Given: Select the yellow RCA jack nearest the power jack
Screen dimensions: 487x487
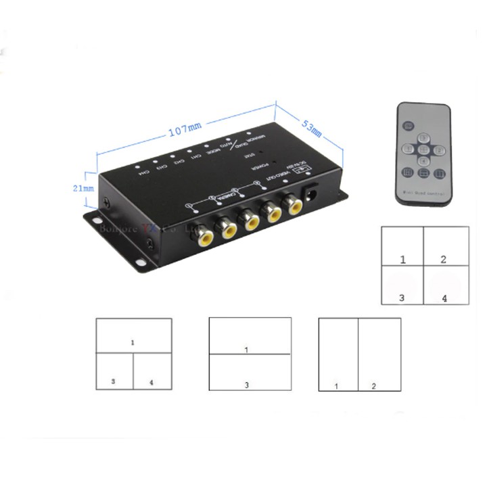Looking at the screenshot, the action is click(294, 204).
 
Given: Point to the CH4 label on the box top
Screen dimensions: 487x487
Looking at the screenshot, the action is click(143, 172).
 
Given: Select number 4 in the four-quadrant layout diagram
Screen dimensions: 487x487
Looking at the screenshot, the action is click(444, 298).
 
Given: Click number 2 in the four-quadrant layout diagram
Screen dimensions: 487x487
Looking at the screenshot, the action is click(443, 259).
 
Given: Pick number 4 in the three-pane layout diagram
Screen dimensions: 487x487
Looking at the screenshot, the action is click(151, 382).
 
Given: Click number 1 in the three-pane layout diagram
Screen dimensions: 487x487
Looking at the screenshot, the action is click(133, 343).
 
